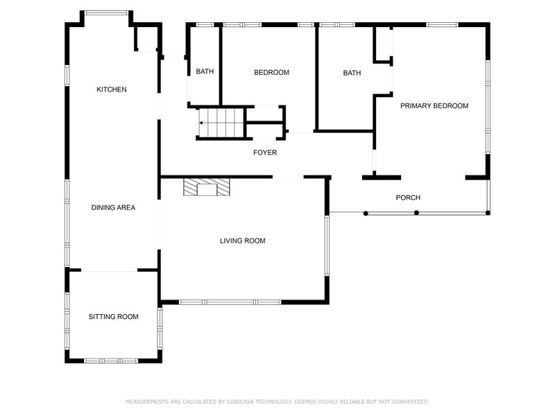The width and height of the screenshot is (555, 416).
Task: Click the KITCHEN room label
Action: point(111,89)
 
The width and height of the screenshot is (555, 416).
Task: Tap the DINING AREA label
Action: point(113,207)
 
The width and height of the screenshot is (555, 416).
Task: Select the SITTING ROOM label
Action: point(113,317)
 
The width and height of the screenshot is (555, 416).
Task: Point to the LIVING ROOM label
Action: point(243,241)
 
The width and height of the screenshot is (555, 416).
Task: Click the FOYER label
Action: point(264,153)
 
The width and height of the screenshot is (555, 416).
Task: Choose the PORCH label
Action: point(408,198)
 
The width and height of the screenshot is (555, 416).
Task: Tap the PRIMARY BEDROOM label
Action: point(434,106)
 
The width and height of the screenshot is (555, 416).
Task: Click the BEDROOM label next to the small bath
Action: point(271,73)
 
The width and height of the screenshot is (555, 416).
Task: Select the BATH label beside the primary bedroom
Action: point(352,73)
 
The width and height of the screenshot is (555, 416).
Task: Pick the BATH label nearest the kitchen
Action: point(205,72)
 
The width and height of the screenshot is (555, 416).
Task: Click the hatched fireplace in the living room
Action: point(206,188)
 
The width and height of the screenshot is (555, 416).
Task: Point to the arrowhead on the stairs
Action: point(201,123)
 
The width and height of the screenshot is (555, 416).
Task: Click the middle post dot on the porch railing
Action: point(416,213)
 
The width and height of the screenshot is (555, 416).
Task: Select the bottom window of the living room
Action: point(230,302)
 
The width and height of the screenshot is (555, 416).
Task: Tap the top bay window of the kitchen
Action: point(106,12)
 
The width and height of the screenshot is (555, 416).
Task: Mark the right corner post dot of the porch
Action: point(488,213)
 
